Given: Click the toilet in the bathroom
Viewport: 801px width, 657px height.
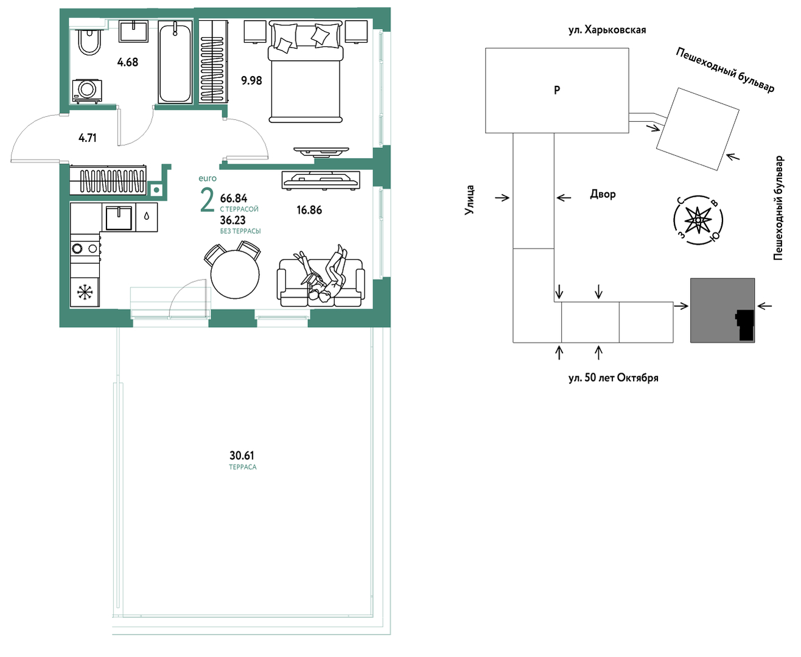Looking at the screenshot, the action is tap(90, 41).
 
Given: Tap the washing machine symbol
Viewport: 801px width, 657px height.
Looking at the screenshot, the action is tap(87, 91).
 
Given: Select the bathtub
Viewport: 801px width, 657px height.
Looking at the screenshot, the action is tap(175, 62).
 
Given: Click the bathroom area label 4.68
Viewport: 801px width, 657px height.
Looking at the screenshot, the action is tap(128, 62).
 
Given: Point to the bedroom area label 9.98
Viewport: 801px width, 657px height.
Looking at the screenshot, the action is tap(251, 80).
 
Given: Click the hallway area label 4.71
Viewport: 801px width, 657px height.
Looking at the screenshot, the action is tap(88, 138).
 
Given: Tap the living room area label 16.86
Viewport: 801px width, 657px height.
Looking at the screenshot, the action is tap(309, 209).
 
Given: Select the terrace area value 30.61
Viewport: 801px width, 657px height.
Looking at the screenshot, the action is tap(242, 455).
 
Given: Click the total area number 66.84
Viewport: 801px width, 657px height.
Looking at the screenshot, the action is tap(234, 198).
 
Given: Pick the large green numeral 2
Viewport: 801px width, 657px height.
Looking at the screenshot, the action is tap(207, 202).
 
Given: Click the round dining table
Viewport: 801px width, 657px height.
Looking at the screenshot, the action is tap(235, 273).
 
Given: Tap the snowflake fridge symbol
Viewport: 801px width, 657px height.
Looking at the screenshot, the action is tap(85, 292).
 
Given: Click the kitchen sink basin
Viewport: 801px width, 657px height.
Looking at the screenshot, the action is tap(119, 218).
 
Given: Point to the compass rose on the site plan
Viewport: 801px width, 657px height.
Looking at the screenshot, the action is tap(698, 220).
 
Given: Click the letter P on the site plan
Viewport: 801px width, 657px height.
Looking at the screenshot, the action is tap(557, 90).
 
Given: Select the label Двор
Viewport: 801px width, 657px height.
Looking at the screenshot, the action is tap(603, 194).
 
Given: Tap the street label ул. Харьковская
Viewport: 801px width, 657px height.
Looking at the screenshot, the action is tap(607, 30).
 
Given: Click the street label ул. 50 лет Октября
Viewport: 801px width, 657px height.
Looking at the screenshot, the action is tap(614, 378).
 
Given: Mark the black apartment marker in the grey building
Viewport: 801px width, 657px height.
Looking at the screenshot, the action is tap(745, 325).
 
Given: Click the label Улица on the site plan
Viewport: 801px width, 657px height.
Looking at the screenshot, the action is tap(469, 200).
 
